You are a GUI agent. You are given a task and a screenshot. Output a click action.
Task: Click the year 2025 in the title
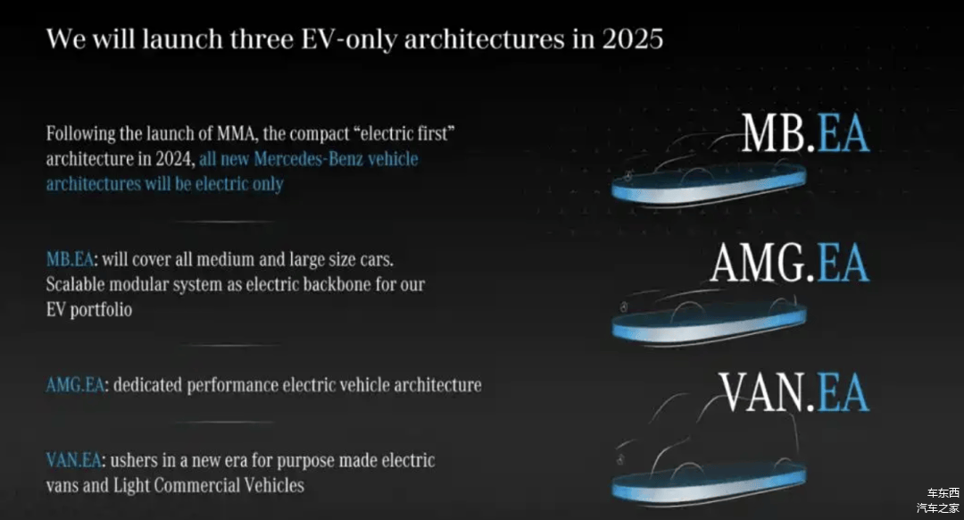coord(633,38)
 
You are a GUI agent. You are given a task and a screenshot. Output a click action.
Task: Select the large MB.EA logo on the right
coord(805,133)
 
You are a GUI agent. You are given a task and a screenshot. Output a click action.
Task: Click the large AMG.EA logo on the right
coord(790,263)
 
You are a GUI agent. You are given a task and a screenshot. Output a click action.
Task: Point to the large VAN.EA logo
coord(794,392)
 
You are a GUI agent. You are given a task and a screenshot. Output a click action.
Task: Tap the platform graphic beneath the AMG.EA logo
coord(709,324)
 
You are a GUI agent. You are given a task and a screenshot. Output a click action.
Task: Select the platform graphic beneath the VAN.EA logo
coord(709,482)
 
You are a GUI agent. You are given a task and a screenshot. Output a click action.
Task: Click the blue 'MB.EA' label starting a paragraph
coord(70,259)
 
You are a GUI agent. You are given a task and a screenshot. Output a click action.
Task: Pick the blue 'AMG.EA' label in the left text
coord(75,384)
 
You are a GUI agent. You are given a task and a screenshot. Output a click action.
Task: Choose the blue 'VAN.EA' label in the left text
coord(74,460)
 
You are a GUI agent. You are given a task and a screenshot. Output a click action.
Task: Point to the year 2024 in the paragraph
coord(175,158)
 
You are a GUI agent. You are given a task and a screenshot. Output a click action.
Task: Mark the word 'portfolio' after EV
coord(101,309)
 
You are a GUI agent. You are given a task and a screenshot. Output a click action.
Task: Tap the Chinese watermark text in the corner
coord(939,500)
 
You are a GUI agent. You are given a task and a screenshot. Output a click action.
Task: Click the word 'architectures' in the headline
coord(486,38)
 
